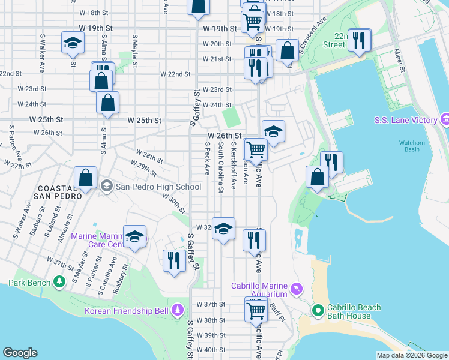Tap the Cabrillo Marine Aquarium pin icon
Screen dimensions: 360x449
296,290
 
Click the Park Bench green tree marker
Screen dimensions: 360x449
59,281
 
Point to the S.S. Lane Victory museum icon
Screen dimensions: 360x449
445,120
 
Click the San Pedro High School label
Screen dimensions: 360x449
158,186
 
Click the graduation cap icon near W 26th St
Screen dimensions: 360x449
273,131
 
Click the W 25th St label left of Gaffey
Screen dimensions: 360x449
145,120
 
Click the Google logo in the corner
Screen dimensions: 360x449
20,353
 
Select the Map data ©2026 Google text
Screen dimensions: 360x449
411,355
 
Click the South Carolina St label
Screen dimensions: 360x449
221,167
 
